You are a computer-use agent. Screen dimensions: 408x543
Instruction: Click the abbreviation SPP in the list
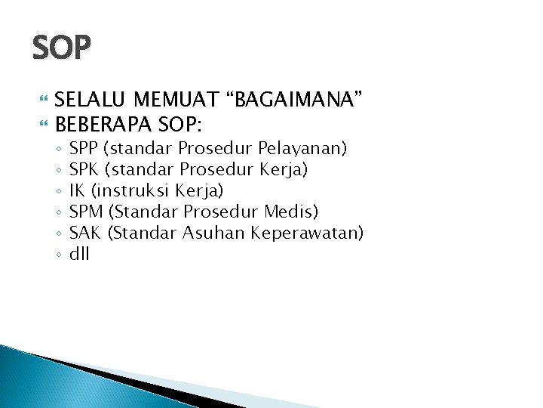point(83,147)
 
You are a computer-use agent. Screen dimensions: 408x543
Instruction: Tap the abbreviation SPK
point(83,168)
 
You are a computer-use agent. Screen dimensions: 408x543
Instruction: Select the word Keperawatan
point(309,233)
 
